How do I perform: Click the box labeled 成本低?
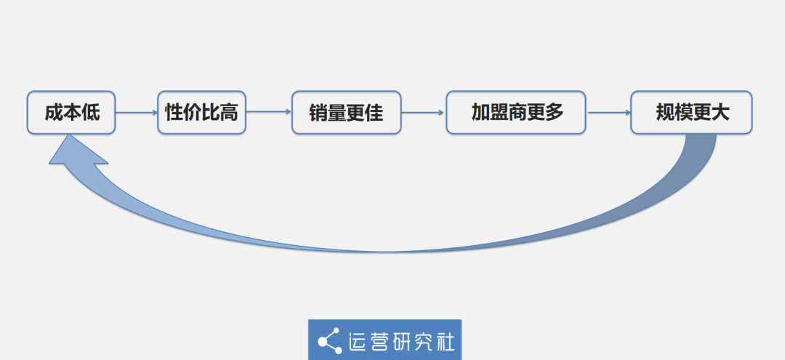click(x=71, y=113)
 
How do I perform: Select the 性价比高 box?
click(x=202, y=113)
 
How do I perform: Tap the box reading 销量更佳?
click(x=347, y=113)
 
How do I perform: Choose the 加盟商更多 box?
click(x=516, y=113)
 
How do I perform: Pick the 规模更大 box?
click(x=691, y=113)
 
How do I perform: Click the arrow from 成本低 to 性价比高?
click(x=137, y=113)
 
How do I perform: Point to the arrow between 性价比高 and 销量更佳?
click(x=269, y=112)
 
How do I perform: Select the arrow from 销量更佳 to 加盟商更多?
click(x=424, y=113)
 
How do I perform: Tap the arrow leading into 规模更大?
click(x=609, y=113)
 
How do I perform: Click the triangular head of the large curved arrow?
click(x=75, y=152)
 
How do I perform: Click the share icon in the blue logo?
click(x=330, y=341)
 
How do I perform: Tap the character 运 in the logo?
click(x=359, y=342)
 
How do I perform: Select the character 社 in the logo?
click(x=445, y=342)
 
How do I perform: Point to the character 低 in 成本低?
click(x=91, y=113)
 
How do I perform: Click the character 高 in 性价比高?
click(x=229, y=113)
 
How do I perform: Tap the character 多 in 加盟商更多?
click(x=554, y=112)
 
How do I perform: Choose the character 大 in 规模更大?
click(x=720, y=113)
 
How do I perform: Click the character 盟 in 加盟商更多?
click(x=499, y=112)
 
